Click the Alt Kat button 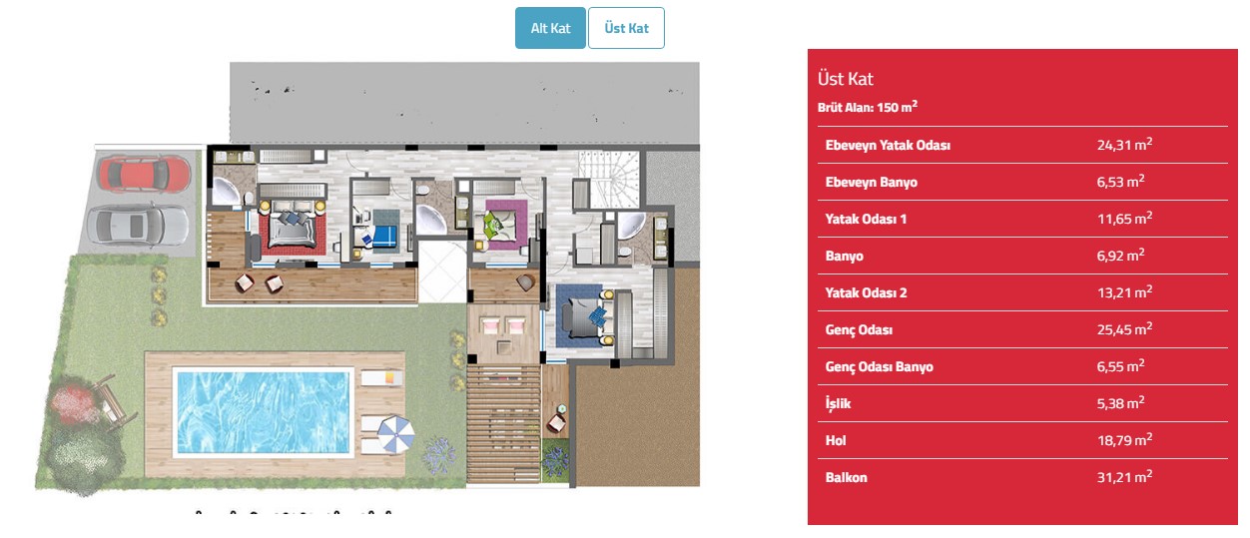(550, 28)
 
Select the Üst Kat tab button (626, 28)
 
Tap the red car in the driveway (144, 174)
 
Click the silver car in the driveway (137, 225)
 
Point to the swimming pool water (263, 412)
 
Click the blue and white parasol (395, 434)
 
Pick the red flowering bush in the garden (73, 400)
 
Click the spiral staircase (610, 179)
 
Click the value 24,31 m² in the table (1124, 145)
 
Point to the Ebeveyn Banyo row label (871, 182)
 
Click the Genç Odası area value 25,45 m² (1124, 329)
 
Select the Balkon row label (846, 478)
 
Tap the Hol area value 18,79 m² (1124, 440)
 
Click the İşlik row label (839, 403)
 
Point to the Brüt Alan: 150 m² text (868, 107)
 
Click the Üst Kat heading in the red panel (846, 79)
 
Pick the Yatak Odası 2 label (866, 293)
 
